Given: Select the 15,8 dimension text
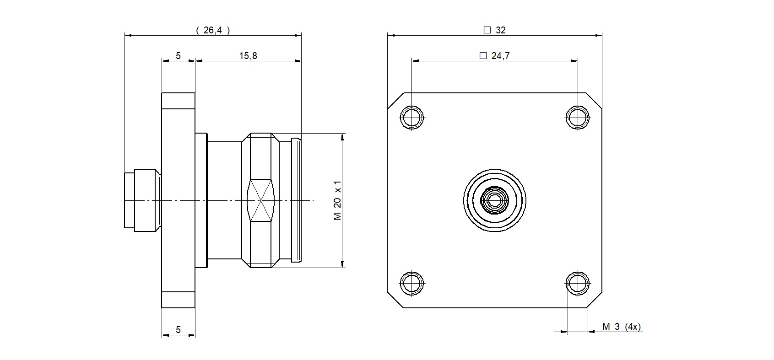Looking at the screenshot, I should point(248,56).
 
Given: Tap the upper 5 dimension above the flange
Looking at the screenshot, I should point(178,56).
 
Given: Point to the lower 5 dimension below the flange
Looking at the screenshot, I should point(178,329).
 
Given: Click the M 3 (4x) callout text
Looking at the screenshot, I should point(622,327).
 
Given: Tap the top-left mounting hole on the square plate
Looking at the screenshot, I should point(411,117).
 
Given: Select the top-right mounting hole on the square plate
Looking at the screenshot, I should point(577,117).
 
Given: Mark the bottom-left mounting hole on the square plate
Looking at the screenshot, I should point(411,283).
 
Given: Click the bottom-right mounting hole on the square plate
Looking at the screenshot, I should point(577,283).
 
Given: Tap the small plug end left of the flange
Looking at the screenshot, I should point(142,200).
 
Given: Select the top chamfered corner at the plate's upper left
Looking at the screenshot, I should point(395,101).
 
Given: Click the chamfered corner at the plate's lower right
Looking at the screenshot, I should point(594,300).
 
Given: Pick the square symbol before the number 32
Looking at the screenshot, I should point(487,30).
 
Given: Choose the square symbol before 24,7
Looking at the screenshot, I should point(482,56).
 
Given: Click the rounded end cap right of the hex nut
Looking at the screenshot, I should point(296,200).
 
